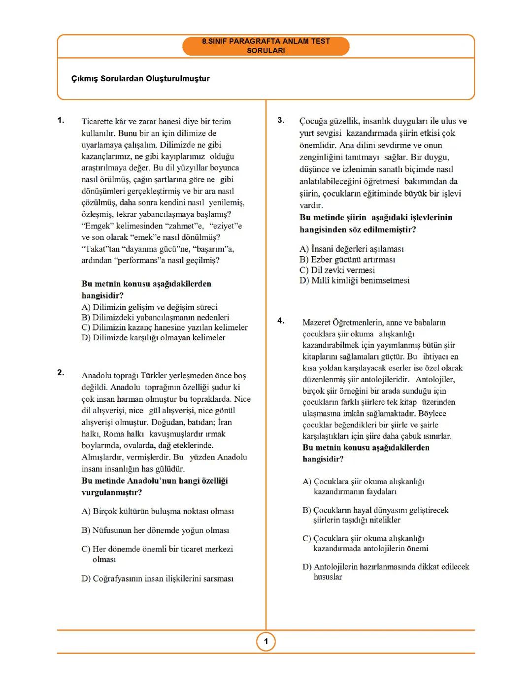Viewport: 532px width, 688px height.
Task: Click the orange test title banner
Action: (266, 46)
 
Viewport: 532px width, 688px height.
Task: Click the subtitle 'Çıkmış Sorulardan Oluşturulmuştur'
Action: (140, 78)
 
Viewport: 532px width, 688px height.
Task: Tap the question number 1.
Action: (61, 120)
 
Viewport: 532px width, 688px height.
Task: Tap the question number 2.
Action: (61, 372)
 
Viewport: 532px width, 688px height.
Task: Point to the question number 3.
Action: (281, 120)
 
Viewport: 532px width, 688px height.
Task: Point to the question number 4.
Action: (281, 321)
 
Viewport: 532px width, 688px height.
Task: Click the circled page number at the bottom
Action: (266, 641)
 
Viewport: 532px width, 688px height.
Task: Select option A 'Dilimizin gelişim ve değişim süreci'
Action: (149, 307)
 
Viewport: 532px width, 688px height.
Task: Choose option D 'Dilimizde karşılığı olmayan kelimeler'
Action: (153, 337)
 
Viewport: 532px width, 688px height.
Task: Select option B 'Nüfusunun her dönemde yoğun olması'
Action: (155, 530)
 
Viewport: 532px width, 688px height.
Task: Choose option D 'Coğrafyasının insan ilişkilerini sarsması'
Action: (157, 578)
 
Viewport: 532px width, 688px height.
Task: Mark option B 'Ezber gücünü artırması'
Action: (347, 260)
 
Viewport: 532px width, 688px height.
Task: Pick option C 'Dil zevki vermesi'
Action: (337, 270)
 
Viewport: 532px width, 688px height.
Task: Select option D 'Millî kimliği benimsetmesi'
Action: (354, 280)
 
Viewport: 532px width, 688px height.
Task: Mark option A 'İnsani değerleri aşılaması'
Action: (351, 249)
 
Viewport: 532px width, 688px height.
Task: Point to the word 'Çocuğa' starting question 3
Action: (314, 121)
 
